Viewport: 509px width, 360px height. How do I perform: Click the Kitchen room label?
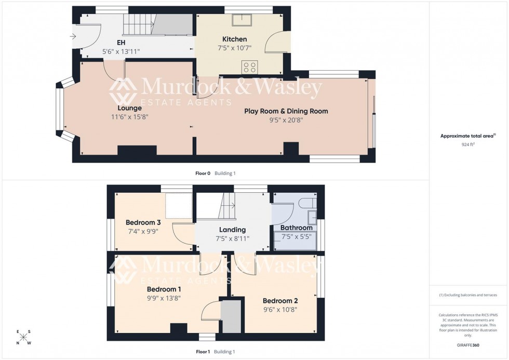(x=234, y=39)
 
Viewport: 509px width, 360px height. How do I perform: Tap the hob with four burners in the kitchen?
(x=249, y=67)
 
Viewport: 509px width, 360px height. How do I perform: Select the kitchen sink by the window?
(x=243, y=20)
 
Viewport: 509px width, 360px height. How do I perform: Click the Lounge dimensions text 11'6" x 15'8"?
(x=129, y=117)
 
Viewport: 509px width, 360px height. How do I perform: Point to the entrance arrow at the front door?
(x=73, y=36)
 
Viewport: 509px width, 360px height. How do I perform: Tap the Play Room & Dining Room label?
(x=286, y=111)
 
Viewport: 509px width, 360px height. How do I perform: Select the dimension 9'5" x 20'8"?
(x=286, y=120)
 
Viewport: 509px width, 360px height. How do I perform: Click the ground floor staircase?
(x=139, y=23)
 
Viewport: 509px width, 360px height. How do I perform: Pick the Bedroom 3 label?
(x=144, y=222)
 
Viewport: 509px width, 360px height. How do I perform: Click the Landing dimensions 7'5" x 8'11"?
(x=232, y=238)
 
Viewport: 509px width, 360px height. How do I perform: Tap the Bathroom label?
(x=297, y=228)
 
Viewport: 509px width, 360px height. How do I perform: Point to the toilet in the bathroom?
(x=306, y=202)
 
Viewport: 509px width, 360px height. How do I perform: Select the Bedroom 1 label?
(x=164, y=289)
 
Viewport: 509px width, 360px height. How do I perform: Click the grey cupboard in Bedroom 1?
(x=231, y=316)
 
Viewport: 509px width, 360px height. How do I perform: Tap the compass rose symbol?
(x=23, y=338)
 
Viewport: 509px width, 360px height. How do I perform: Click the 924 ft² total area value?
(x=468, y=145)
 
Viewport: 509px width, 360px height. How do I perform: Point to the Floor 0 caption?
(x=203, y=173)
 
